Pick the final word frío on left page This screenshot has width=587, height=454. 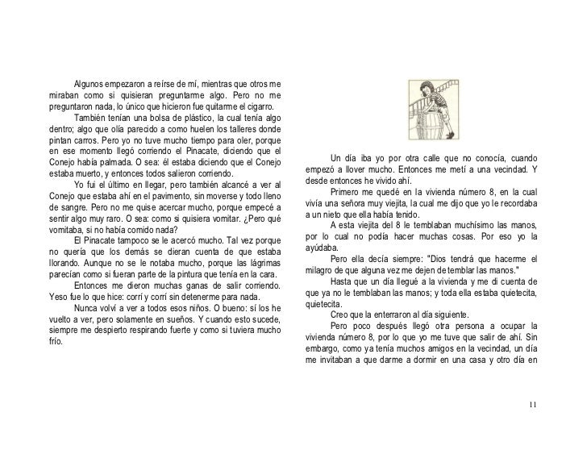click(56, 340)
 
